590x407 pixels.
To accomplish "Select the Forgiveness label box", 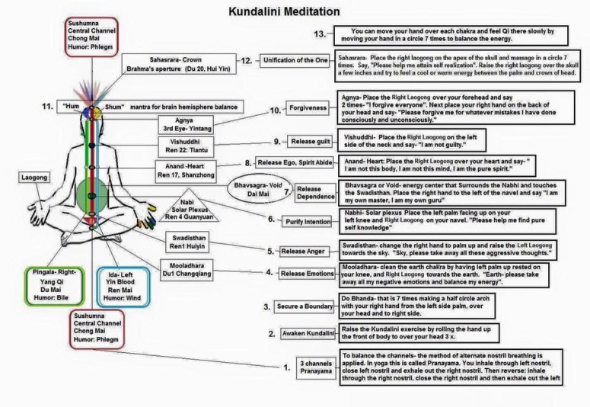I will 308,108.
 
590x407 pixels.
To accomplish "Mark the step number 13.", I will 320,34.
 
